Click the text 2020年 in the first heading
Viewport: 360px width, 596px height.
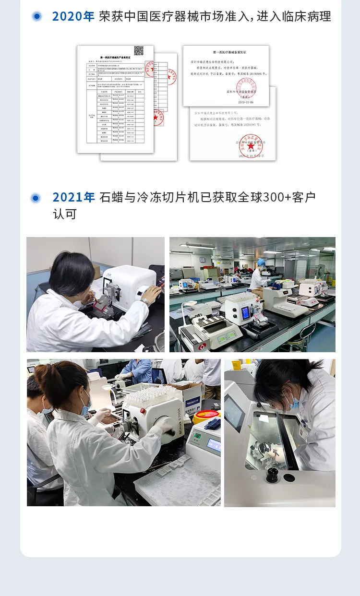73,16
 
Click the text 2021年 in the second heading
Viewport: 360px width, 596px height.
73,197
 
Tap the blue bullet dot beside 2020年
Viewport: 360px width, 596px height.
37,16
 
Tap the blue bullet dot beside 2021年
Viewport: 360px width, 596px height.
36,198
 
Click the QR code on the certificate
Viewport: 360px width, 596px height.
139,51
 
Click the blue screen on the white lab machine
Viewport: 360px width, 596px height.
245,313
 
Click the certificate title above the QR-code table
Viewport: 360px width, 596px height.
115,57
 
